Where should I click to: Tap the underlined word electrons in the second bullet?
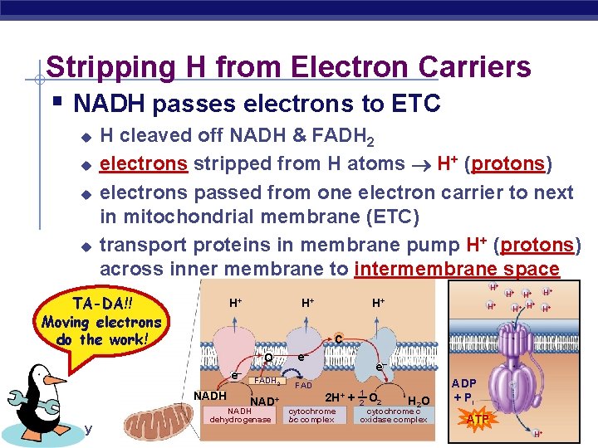tap(143, 163)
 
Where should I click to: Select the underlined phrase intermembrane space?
tap(457, 269)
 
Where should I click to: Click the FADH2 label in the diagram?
tap(267, 381)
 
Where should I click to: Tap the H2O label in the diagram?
tap(418, 402)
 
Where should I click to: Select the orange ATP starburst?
tap(477, 420)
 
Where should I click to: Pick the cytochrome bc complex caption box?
tap(311, 415)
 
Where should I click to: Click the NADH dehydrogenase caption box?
tap(240, 415)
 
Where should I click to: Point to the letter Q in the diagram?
tap(269, 358)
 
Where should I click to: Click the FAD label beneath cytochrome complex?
tap(303, 387)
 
